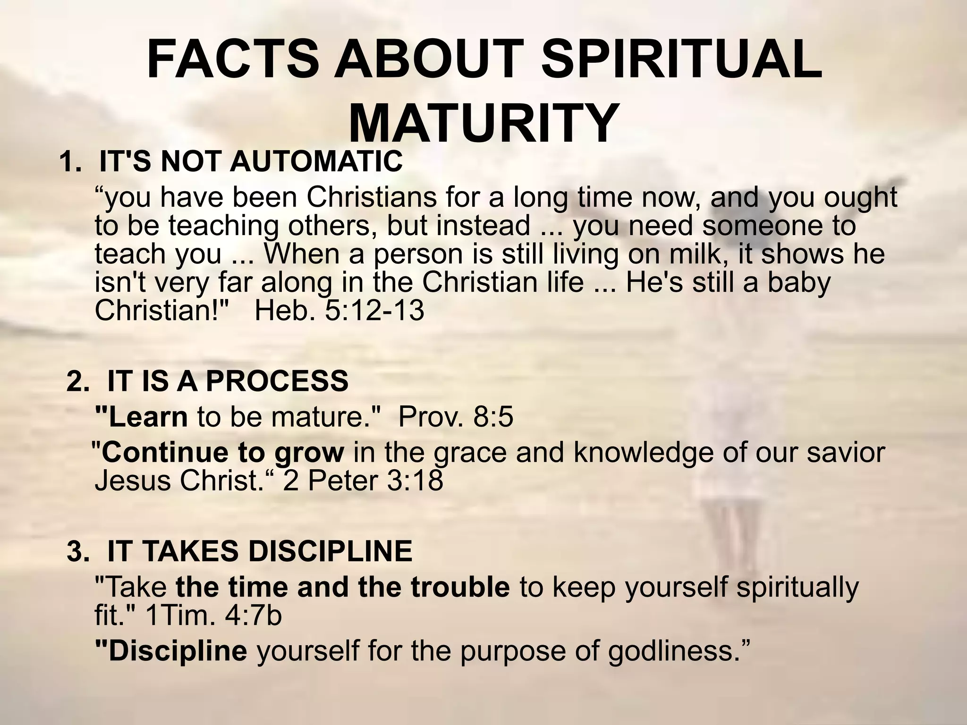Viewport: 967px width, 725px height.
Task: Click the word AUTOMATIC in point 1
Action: click(316, 162)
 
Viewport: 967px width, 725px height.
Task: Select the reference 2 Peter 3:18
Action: click(363, 481)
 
